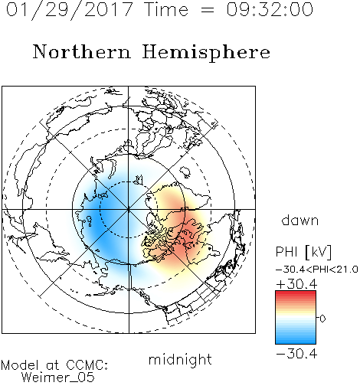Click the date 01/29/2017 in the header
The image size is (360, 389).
(x=70, y=10)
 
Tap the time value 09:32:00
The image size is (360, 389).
(x=270, y=9)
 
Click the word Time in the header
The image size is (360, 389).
(x=166, y=9)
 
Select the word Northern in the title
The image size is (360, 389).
(x=82, y=51)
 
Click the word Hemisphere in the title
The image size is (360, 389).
(x=206, y=53)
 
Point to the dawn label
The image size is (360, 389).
(x=300, y=220)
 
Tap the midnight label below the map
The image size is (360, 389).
(x=180, y=359)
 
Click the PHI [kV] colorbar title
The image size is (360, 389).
(x=304, y=252)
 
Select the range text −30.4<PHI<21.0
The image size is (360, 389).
(x=317, y=270)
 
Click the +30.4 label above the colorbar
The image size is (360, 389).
(x=296, y=284)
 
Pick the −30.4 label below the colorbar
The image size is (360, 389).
(x=296, y=354)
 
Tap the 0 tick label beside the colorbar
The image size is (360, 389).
(x=322, y=319)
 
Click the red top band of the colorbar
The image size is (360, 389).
(x=296, y=293)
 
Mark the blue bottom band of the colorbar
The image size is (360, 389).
(x=296, y=341)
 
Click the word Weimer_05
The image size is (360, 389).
(x=58, y=378)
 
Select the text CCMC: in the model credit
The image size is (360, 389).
(x=87, y=365)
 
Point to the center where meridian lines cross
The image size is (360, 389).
(x=129, y=210)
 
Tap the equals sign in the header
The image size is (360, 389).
(x=208, y=10)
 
